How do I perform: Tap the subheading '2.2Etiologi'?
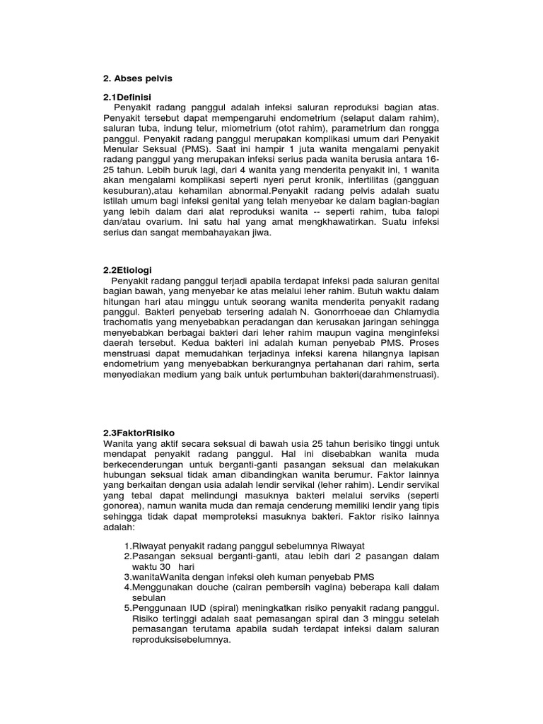coord(128,270)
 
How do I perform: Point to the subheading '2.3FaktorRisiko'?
coord(139,432)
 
